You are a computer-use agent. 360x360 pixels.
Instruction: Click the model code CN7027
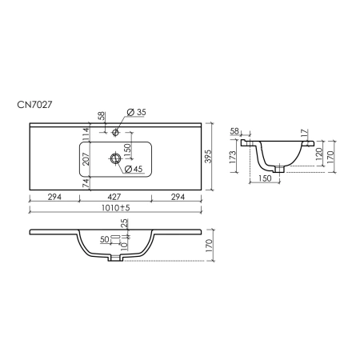pos(34,105)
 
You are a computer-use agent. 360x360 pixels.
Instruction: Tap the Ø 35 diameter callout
pos(137,112)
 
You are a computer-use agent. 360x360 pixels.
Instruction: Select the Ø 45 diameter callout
pos(134,169)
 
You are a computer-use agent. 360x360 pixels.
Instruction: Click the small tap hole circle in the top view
pos(115,132)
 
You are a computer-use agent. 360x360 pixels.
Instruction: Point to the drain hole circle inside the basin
pos(115,158)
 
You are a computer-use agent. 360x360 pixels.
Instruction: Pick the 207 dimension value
pos(86,159)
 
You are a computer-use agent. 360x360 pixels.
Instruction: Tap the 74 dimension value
pos(86,184)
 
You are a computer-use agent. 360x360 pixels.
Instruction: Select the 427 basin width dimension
pos(114,197)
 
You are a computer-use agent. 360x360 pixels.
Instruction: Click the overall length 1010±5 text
pos(116,208)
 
